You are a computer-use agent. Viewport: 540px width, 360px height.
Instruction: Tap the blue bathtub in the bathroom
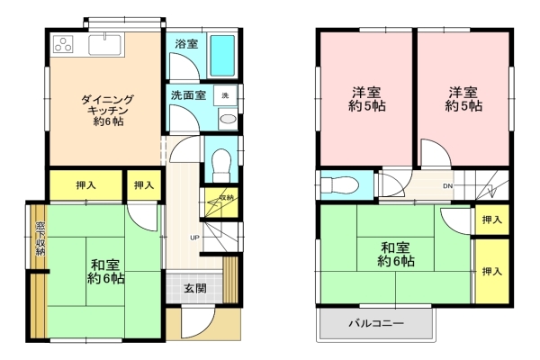point(221,57)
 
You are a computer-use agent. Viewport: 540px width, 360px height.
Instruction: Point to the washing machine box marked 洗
point(226,95)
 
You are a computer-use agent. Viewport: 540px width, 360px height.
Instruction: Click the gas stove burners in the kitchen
point(64,42)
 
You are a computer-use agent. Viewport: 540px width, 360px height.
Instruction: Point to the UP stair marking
point(194,238)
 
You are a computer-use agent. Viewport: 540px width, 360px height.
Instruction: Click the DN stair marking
point(446,186)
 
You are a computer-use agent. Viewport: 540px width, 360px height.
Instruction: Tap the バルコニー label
point(376,324)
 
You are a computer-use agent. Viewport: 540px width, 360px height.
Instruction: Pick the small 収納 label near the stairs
point(226,198)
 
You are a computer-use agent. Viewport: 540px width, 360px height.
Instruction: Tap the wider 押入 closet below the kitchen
point(85,186)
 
